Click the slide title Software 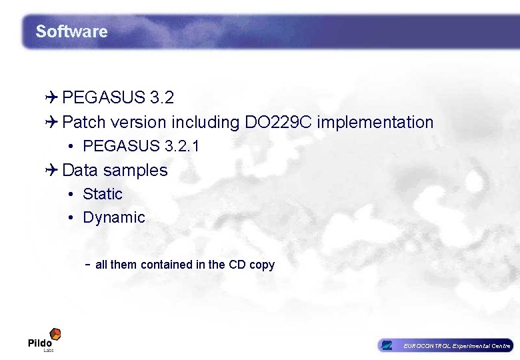pyautogui.click(x=71, y=31)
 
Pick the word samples pyautogui.click(x=135, y=171)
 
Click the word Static pyautogui.click(x=103, y=194)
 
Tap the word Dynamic pyautogui.click(x=114, y=217)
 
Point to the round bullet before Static pyautogui.click(x=71, y=195)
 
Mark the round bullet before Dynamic pyautogui.click(x=71, y=218)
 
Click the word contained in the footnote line pyautogui.click(x=166, y=265)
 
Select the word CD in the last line pyautogui.click(x=237, y=265)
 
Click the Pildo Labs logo pyautogui.click(x=45, y=339)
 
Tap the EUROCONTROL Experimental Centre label pyautogui.click(x=457, y=346)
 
